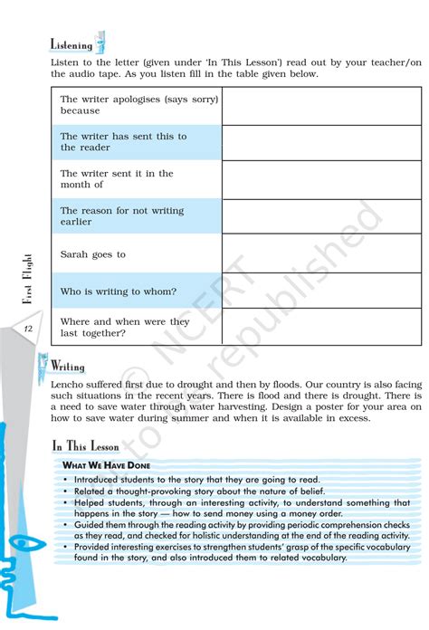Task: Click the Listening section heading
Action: coord(71,45)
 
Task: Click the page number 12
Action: coord(29,329)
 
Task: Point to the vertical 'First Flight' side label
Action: coord(27,280)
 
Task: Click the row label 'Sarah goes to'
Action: coord(93,255)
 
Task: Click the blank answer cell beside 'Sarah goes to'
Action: coord(321,254)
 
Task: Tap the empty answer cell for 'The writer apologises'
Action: coord(321,105)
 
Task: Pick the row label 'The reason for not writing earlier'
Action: coord(122,216)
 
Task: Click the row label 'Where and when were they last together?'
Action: coord(125,327)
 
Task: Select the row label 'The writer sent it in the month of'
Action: coord(117,179)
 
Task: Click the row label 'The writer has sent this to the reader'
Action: coord(123,142)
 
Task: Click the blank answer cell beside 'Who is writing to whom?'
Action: coord(321,291)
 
